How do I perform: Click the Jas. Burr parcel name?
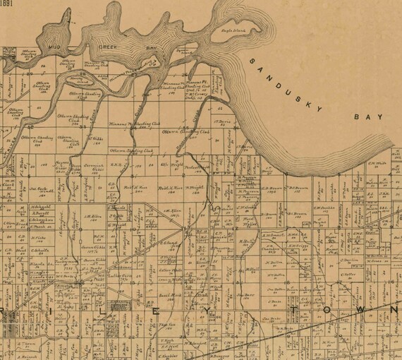click(x=246, y=294)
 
